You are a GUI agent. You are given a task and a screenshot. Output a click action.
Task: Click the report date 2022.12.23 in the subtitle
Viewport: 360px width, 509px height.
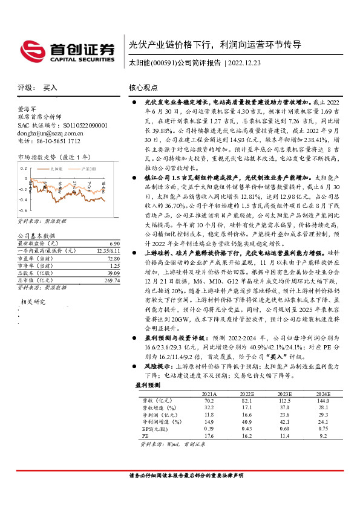(x=247, y=63)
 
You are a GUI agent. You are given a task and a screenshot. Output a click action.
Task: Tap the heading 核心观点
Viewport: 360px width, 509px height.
(x=143, y=88)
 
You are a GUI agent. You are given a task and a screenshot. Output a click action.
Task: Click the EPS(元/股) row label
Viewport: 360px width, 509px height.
(x=154, y=428)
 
